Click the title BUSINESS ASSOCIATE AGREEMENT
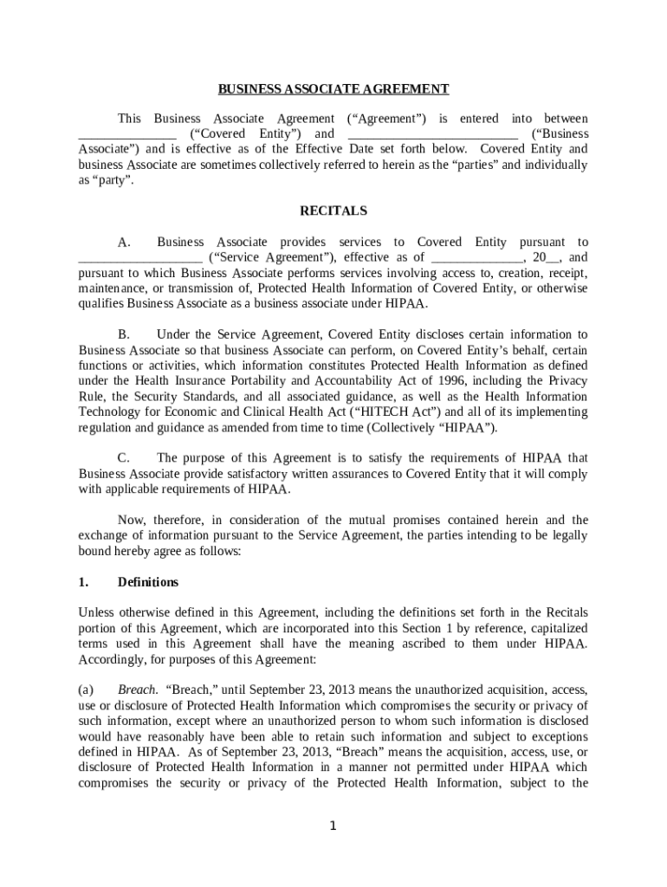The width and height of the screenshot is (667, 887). (x=333, y=88)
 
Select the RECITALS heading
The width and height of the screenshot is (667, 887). (x=333, y=210)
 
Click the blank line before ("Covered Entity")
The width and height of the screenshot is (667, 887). (x=127, y=136)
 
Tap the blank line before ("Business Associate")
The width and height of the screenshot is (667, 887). (x=432, y=136)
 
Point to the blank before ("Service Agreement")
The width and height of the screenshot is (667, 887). (x=140, y=259)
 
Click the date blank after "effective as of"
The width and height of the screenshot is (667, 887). (x=477, y=259)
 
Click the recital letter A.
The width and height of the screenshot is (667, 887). (x=124, y=243)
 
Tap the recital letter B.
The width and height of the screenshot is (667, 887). (x=124, y=334)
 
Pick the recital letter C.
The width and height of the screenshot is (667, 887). (x=124, y=458)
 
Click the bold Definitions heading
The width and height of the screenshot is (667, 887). (x=148, y=582)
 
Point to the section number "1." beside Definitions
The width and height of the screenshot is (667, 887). (x=83, y=582)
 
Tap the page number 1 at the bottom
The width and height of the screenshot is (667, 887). (x=333, y=825)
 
